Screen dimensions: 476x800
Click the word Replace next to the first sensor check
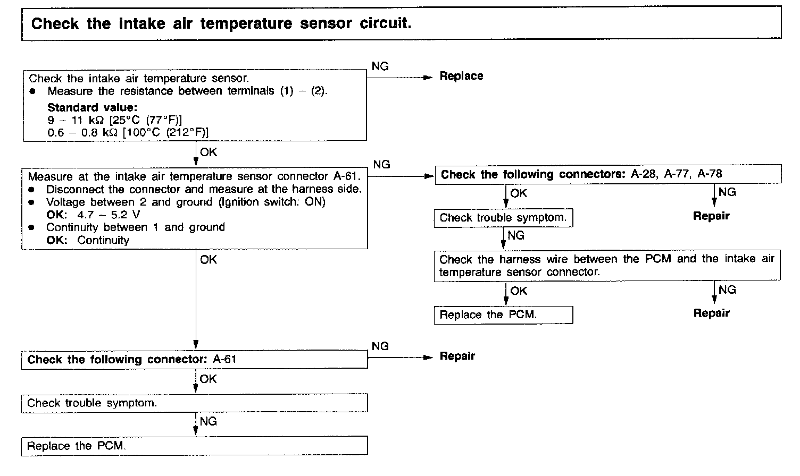(461, 76)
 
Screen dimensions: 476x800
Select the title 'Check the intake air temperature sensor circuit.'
(221, 24)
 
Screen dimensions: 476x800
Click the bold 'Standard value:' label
(92, 107)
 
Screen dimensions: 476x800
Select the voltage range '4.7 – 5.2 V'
(108, 215)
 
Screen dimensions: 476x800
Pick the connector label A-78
(710, 174)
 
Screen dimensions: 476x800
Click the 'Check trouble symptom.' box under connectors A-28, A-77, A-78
(503, 218)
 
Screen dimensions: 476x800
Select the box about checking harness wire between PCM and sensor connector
(607, 266)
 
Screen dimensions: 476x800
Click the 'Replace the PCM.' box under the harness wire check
(503, 315)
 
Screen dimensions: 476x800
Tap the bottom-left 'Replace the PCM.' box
(195, 446)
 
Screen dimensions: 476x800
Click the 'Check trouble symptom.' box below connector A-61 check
(195, 403)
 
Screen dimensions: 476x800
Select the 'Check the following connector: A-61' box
(195, 360)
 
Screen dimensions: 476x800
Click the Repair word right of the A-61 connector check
(457, 356)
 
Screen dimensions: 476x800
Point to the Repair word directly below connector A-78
(711, 216)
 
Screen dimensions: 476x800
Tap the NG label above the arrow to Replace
(380, 66)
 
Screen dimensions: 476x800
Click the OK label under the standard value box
(209, 152)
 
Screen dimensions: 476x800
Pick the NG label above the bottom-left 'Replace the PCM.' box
(209, 422)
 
